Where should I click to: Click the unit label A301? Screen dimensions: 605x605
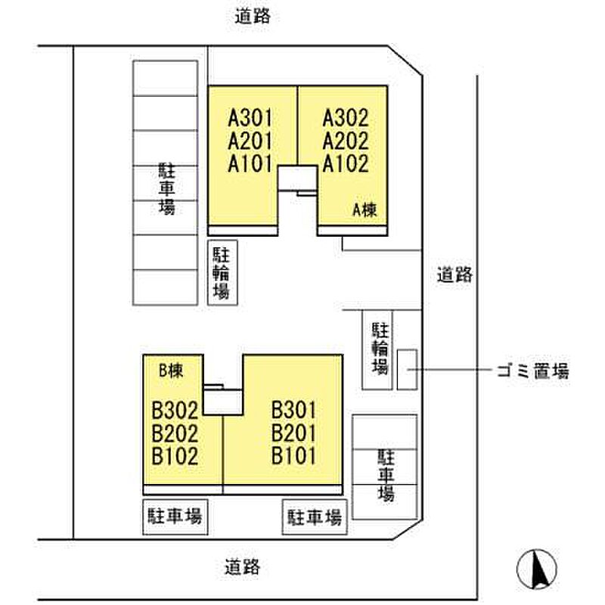point(250,118)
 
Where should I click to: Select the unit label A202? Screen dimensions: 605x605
point(346,141)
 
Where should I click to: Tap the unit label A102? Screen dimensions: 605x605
point(346,163)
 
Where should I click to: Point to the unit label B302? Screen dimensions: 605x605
point(175,410)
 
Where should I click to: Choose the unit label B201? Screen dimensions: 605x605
point(293,433)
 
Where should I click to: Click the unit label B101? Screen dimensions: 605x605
point(293,456)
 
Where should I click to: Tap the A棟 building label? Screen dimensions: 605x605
point(365,210)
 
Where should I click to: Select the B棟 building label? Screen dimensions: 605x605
point(171,371)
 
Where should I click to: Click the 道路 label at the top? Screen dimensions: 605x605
point(253,17)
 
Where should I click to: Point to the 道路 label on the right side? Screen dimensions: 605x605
point(455,275)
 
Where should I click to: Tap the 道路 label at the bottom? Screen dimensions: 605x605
point(242,567)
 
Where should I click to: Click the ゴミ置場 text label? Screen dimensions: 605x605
point(533,371)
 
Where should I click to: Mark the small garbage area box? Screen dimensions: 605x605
point(408,369)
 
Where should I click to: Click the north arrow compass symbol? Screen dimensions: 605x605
point(537,569)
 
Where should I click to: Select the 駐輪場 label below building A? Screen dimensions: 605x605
point(222,273)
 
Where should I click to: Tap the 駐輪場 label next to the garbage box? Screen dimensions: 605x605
point(380,349)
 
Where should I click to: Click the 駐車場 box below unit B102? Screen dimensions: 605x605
point(175,517)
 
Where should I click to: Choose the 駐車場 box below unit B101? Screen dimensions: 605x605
point(315,517)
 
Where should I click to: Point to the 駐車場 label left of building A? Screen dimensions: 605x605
point(166,188)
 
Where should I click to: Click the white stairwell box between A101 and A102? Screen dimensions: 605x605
point(298,178)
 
